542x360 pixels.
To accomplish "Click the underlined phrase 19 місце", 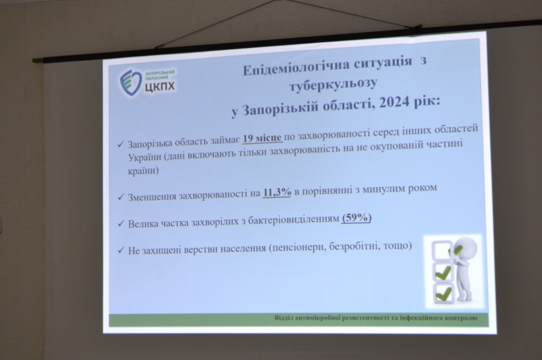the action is [263, 139].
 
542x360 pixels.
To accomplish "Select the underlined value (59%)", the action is [356, 219].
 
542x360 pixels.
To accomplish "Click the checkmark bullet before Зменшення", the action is [121, 198].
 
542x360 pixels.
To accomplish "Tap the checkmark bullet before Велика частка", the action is [121, 224].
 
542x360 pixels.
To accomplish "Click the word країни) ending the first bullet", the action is [143, 171].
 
